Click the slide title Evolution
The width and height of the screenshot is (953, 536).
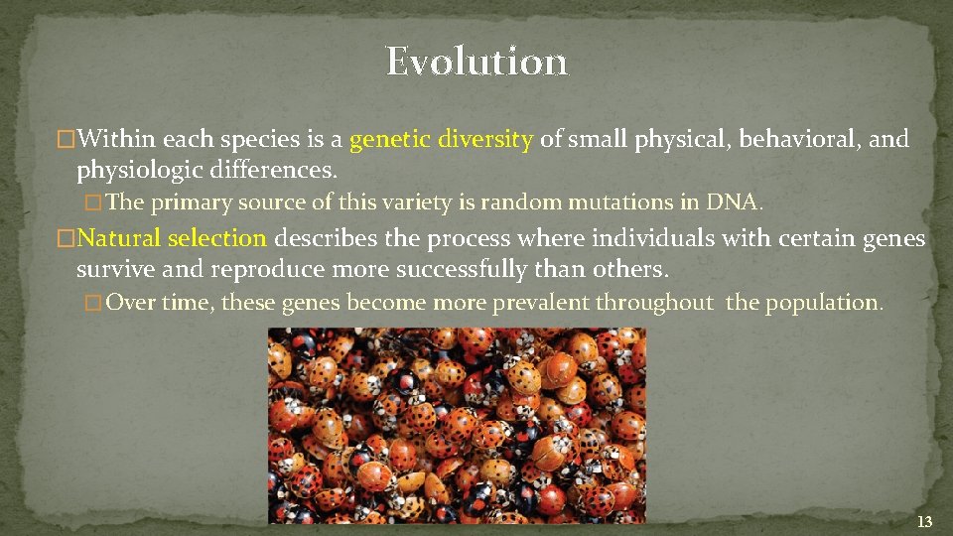pyautogui.click(x=476, y=62)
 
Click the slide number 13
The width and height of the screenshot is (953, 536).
pyautogui.click(x=924, y=521)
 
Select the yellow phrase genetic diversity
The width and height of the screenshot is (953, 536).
pyautogui.click(x=442, y=139)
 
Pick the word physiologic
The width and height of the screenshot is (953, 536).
pyautogui.click(x=139, y=171)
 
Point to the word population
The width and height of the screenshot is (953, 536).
pyautogui.click(x=819, y=302)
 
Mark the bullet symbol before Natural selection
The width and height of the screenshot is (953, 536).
pyautogui.click(x=67, y=239)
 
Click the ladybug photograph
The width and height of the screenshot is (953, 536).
pyautogui.click(x=457, y=425)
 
